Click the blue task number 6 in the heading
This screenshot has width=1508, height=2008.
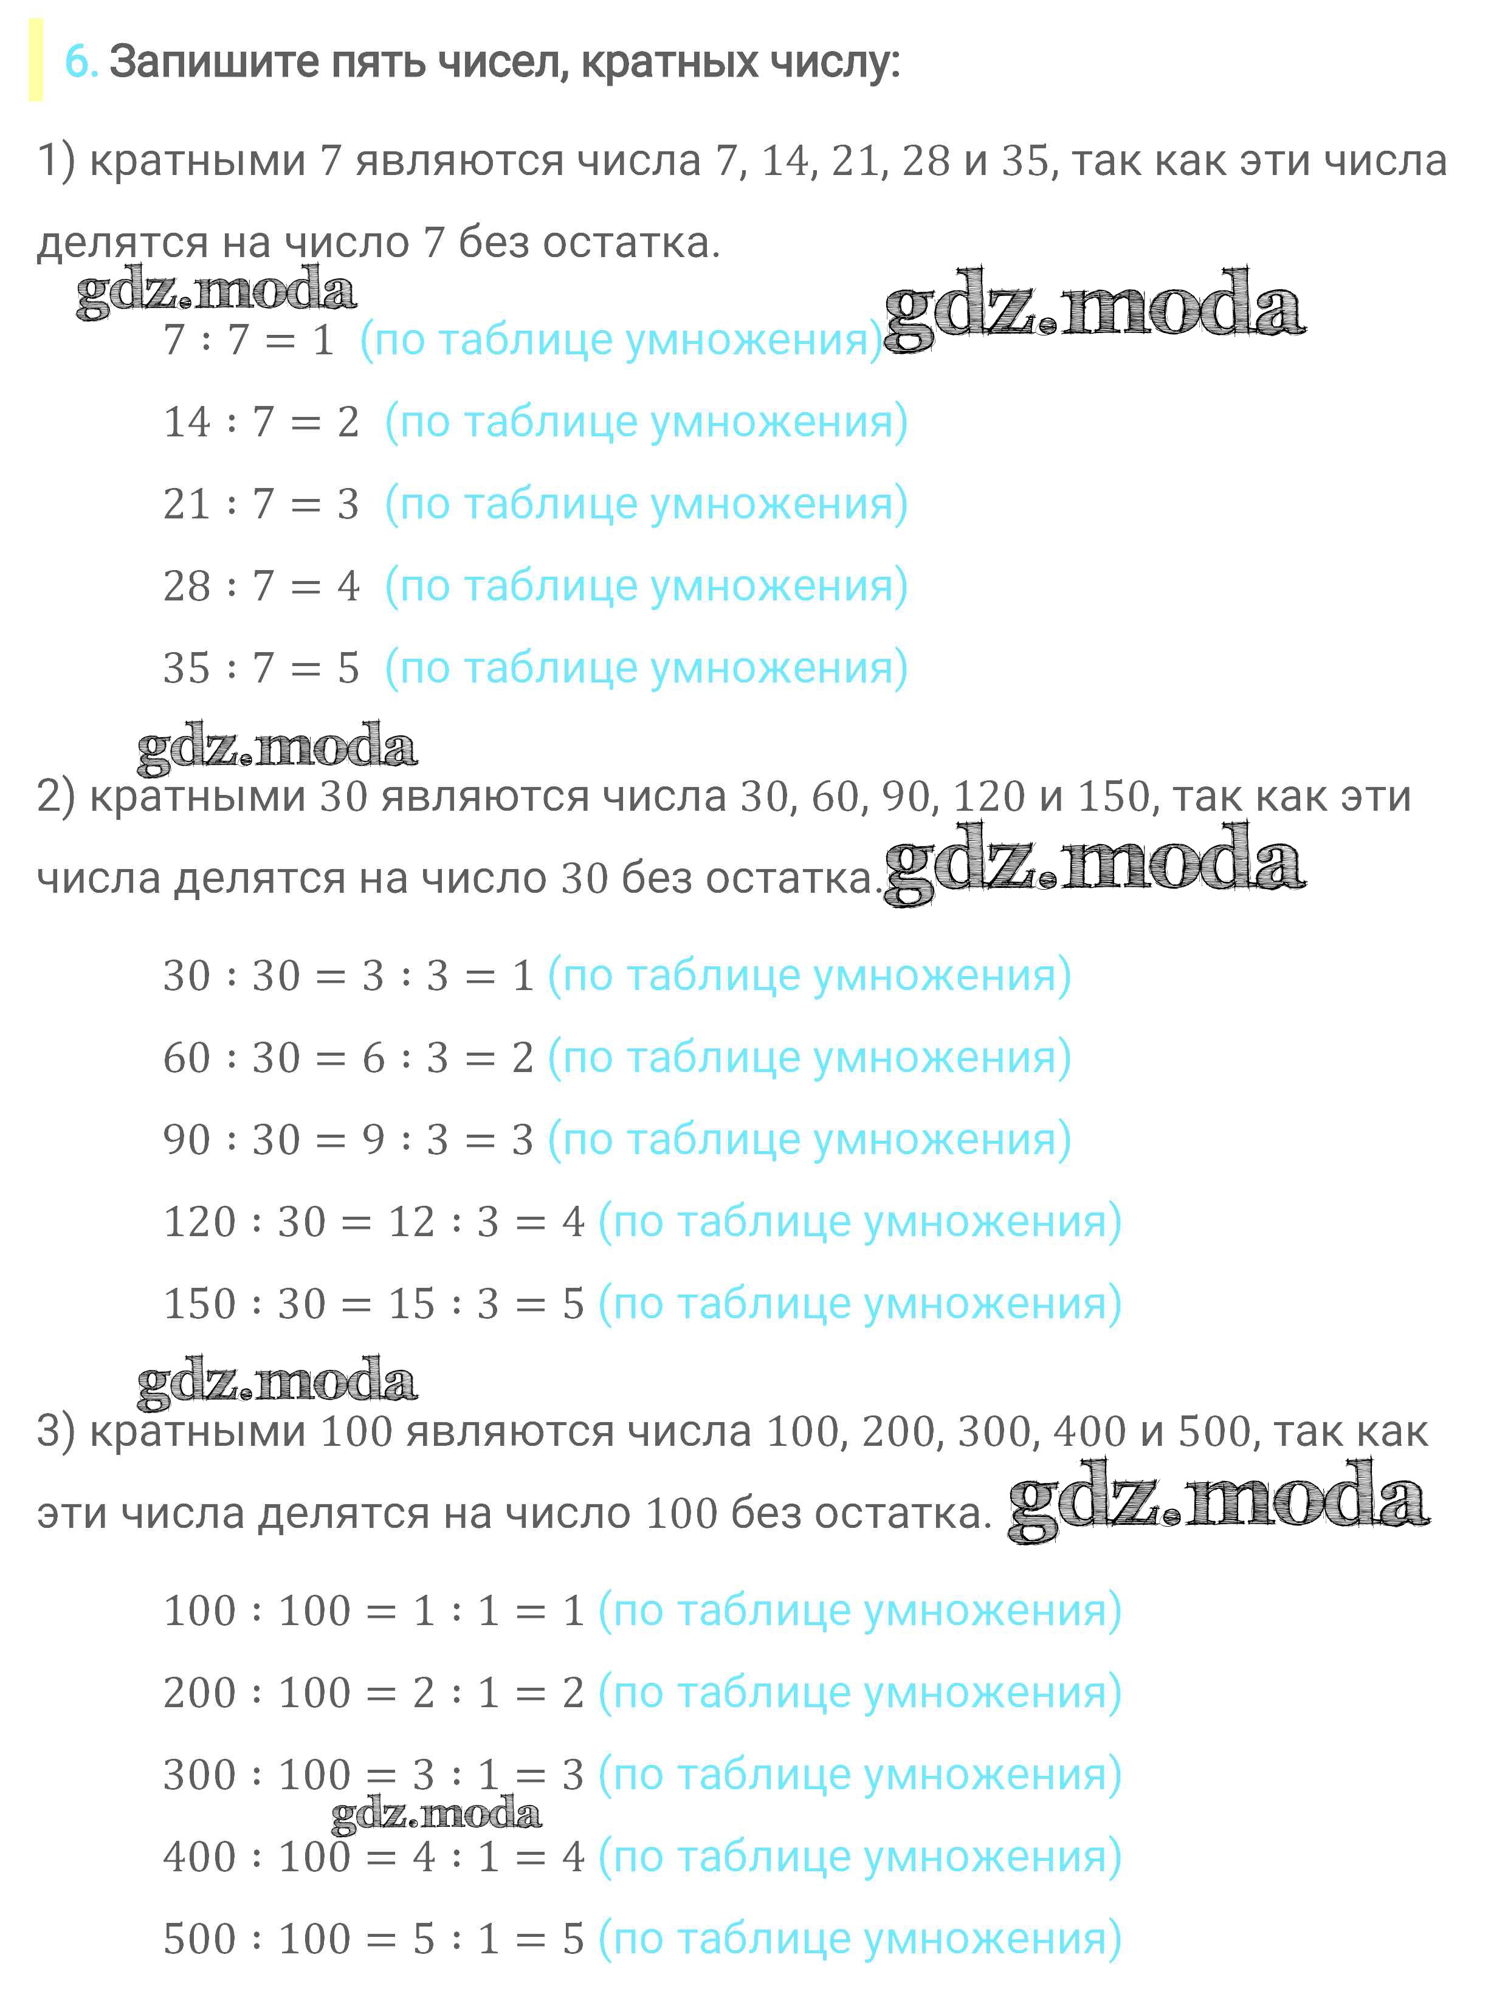79,63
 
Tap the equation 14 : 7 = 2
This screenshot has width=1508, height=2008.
261,422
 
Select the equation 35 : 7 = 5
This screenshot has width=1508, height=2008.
261,668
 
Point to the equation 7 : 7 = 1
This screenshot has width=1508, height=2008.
249,340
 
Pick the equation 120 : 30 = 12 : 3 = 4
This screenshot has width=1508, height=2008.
373,1222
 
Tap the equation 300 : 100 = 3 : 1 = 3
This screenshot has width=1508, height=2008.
373,1775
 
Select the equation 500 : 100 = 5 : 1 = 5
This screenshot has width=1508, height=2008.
373,1939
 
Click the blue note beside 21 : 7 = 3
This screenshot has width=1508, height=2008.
646,504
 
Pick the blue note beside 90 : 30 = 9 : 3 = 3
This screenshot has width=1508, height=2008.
809,1140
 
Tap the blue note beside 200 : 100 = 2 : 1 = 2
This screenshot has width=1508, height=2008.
859,1693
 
